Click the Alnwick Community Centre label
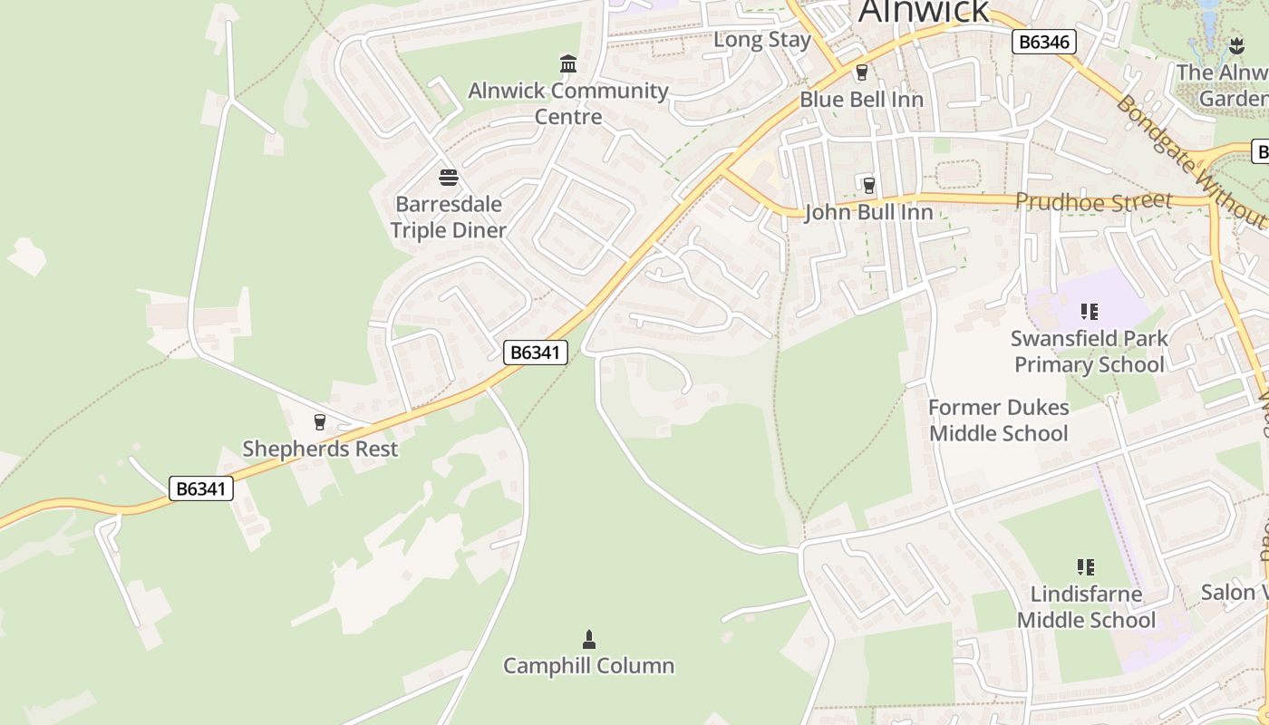click(x=568, y=103)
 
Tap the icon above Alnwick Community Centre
click(x=568, y=63)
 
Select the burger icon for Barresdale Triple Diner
click(x=448, y=177)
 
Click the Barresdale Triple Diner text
click(x=448, y=217)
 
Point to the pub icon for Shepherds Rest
click(x=319, y=422)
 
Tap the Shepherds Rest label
click(x=320, y=449)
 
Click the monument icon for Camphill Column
click(x=589, y=640)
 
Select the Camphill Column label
click(x=589, y=666)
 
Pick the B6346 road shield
click(x=1043, y=42)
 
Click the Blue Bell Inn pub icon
click(x=862, y=73)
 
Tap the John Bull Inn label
click(x=868, y=213)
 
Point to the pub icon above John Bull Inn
click(x=869, y=186)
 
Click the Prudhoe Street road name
click(x=1094, y=201)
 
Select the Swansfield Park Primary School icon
click(x=1089, y=313)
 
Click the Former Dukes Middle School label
click(x=999, y=420)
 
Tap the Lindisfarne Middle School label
click(x=1086, y=607)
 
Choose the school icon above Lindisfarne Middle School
click(x=1086, y=568)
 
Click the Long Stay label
click(x=762, y=40)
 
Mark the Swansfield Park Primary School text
click(x=1089, y=352)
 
